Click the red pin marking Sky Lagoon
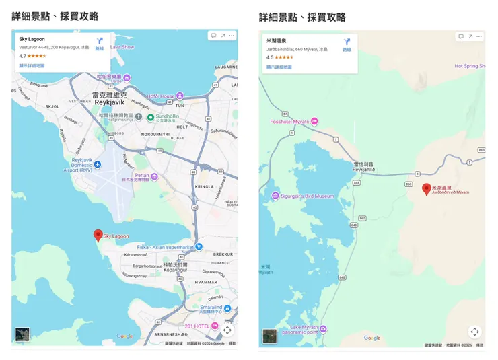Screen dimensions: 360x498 98,235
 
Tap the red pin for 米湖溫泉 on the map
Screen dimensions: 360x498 426,189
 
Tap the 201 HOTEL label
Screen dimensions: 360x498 197,326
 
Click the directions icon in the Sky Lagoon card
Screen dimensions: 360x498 100,42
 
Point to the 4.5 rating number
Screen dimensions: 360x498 270,57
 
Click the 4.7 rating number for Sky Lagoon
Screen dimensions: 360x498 22,56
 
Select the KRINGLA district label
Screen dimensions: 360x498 204,186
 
